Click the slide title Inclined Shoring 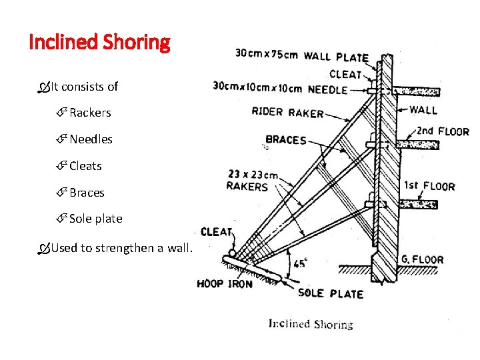(100, 43)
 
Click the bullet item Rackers (90, 113)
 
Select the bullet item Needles (91, 139)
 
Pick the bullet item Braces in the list (87, 193)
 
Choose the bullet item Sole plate (95, 219)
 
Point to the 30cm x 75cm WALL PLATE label (301, 56)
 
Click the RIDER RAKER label (287, 112)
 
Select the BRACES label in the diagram (285, 140)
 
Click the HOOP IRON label (225, 284)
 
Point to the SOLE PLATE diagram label (331, 293)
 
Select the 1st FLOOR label (429, 187)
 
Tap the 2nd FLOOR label (443, 132)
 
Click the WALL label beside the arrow (423, 110)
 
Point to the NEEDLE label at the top (327, 89)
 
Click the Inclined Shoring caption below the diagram (311, 325)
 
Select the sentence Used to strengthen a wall (121, 248)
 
